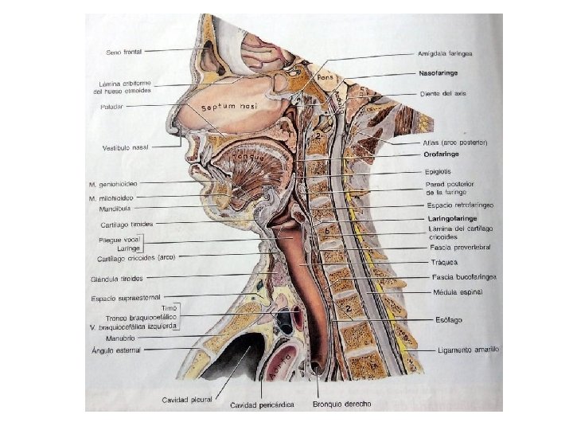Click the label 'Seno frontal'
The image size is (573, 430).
coord(124,52)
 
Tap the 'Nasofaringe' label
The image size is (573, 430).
coord(438,72)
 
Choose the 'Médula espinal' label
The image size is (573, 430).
coord(454,291)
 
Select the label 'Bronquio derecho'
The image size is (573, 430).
coord(341,404)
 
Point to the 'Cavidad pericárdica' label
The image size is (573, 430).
coord(262,405)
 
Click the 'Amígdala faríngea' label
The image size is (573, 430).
coord(446,53)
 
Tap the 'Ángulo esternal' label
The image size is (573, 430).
coord(115,350)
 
